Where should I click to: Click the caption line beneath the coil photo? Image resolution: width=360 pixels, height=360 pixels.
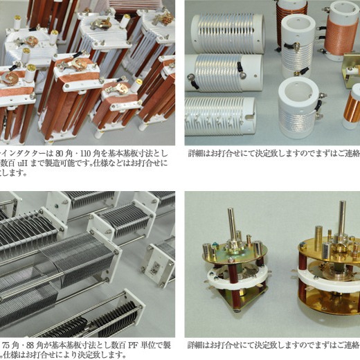[x=273, y=154]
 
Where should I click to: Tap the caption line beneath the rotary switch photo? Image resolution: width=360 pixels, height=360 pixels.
[x=273, y=344]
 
